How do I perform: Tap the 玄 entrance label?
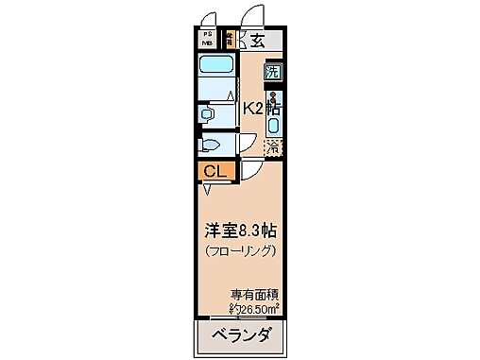coord(256,40)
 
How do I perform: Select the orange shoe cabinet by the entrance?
coord(231,40)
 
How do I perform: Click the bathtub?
coord(217,70)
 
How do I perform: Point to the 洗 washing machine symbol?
coord(273,72)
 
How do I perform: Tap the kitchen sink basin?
coord(274,124)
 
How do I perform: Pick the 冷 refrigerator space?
coord(273,146)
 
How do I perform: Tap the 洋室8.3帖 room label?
coord(240,230)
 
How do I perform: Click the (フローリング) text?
coord(240,251)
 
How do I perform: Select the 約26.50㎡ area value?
coord(254,308)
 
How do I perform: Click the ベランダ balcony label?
coord(240,335)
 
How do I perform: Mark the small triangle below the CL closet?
coord(206,188)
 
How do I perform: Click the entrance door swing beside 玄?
coord(253,17)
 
